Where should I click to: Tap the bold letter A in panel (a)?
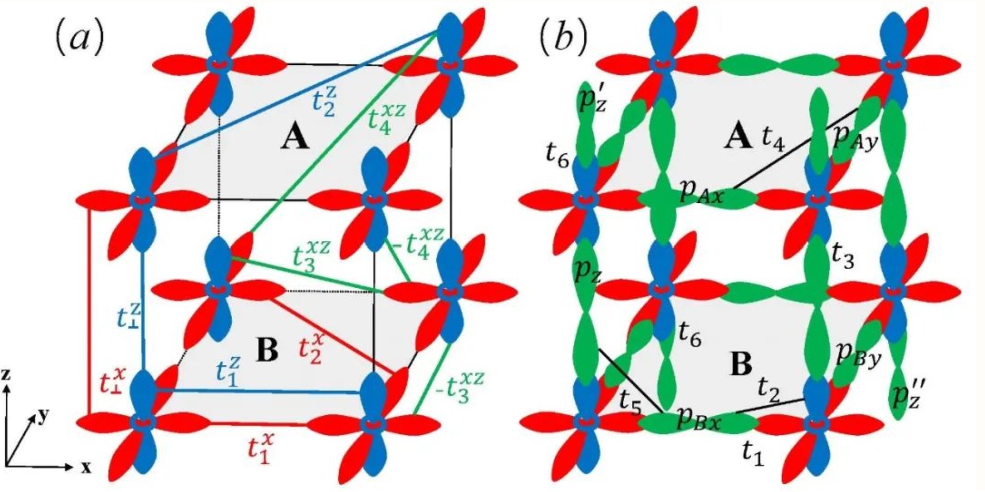point(295,138)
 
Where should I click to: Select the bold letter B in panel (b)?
point(742,365)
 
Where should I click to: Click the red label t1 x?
point(260,448)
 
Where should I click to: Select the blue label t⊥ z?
point(129,316)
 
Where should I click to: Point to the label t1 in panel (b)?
point(753,453)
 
